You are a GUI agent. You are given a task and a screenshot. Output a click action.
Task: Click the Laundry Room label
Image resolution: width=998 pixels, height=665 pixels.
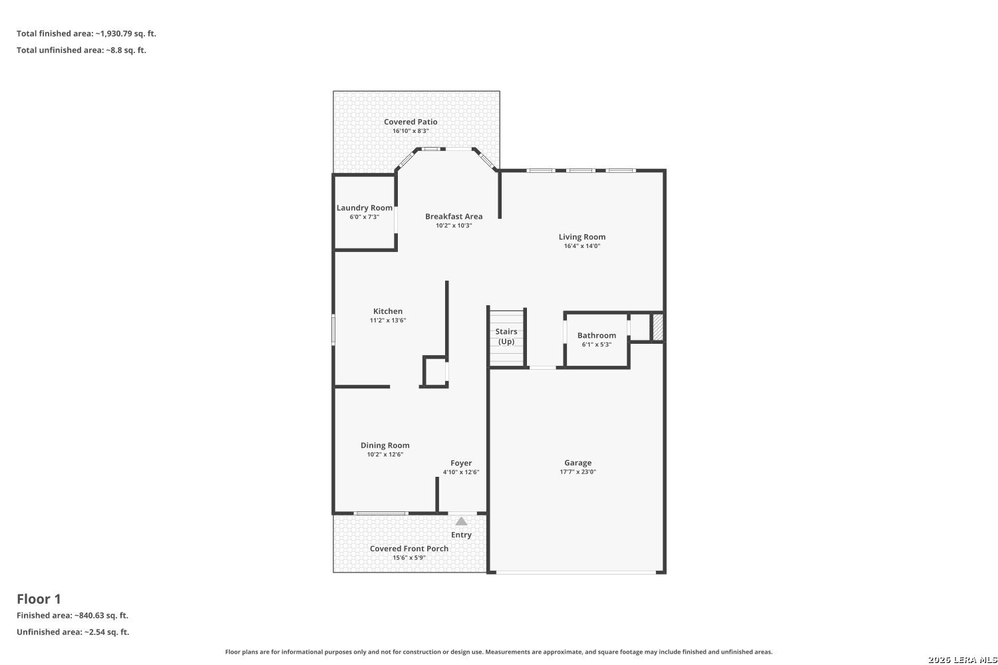click(x=365, y=207)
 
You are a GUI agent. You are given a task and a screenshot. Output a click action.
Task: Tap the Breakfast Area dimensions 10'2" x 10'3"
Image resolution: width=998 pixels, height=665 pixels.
click(x=454, y=225)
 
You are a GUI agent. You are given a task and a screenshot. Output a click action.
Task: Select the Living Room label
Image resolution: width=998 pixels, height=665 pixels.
click(x=582, y=237)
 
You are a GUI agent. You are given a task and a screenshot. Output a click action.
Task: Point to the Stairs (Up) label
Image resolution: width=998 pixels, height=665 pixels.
click(x=506, y=336)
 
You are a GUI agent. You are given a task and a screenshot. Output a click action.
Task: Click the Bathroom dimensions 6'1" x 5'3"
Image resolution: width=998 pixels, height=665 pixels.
click(x=597, y=344)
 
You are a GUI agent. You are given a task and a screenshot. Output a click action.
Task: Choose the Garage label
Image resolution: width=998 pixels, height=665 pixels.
click(x=578, y=463)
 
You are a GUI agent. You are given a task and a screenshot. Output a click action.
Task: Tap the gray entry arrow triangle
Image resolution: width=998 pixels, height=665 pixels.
click(x=461, y=521)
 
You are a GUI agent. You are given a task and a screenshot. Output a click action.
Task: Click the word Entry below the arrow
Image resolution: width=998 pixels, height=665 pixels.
click(x=461, y=535)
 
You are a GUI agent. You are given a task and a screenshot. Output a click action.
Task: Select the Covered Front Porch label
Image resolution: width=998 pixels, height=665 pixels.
click(x=409, y=549)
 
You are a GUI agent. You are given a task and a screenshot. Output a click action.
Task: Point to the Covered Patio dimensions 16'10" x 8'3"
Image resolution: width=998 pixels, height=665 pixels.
click(x=411, y=131)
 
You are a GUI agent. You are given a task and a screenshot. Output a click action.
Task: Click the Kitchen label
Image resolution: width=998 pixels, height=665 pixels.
click(x=388, y=311)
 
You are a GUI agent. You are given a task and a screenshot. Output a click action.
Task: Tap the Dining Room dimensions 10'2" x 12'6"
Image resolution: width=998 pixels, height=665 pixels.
click(x=385, y=454)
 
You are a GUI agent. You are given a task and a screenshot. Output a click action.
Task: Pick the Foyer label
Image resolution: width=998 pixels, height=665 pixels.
click(x=461, y=464)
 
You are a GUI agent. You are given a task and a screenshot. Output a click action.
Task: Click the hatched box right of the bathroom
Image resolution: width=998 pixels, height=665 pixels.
click(x=658, y=327)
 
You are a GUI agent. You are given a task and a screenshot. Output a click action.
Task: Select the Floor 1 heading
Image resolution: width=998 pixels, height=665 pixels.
click(x=39, y=599)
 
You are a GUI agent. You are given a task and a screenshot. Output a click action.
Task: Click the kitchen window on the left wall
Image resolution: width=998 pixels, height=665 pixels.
click(x=333, y=330)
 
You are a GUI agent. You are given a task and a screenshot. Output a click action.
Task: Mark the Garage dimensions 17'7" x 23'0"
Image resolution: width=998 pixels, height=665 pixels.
click(x=578, y=471)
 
